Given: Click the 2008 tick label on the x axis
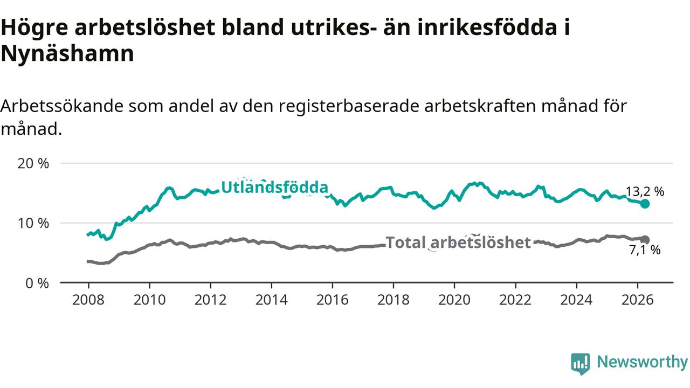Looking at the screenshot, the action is pyautogui.click(x=88, y=300).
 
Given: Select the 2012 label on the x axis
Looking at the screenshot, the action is pyautogui.click(x=210, y=300).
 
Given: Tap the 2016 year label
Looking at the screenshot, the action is pyautogui.click(x=333, y=300).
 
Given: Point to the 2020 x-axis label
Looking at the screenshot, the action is pyautogui.click(x=454, y=300).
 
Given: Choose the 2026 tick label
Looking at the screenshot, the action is pyautogui.click(x=637, y=300).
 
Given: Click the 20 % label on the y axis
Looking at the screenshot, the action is pyautogui.click(x=33, y=163).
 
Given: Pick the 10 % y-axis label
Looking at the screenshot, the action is pyautogui.click(x=33, y=223).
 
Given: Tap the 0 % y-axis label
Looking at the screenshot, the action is pyautogui.click(x=37, y=283).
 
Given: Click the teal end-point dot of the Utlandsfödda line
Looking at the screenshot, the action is pyautogui.click(x=645, y=204).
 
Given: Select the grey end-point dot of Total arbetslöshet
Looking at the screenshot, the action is pyautogui.click(x=645, y=240).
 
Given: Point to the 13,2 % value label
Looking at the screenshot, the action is pyautogui.click(x=645, y=191).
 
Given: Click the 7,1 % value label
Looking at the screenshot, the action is pyautogui.click(x=645, y=250).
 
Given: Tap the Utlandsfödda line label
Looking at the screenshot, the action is pyautogui.click(x=275, y=187).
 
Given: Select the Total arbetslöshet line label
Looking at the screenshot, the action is pyautogui.click(x=458, y=242).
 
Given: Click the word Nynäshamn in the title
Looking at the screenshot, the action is pyautogui.click(x=67, y=53).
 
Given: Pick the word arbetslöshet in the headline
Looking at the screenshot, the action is pyautogui.click(x=145, y=27).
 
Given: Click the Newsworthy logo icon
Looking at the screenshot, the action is pyautogui.click(x=581, y=364).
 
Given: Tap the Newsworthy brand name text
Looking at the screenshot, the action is pyautogui.click(x=643, y=362).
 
